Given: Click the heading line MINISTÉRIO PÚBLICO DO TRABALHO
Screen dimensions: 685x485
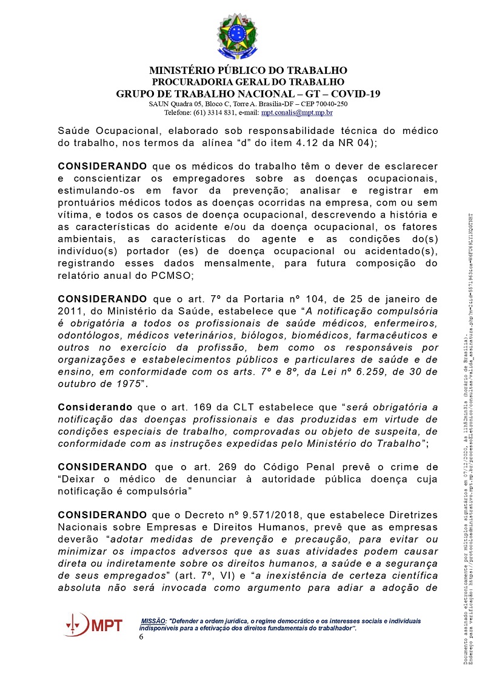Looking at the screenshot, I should (x=248, y=70).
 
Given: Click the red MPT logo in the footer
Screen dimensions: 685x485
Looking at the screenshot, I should (x=93, y=624).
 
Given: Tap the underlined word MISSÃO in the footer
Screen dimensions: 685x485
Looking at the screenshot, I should (x=153, y=621).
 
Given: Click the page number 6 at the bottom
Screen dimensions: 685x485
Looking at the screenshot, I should (x=141, y=637).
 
